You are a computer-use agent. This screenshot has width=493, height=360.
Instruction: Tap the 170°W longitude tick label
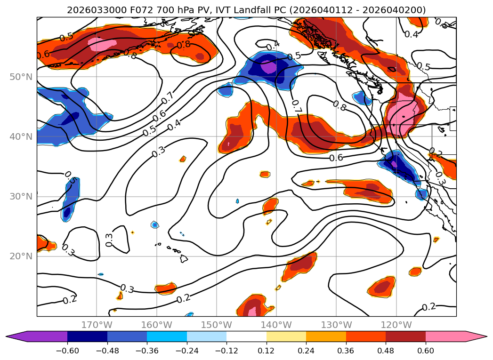click(97, 325)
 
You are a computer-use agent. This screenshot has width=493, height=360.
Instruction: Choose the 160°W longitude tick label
click(156, 325)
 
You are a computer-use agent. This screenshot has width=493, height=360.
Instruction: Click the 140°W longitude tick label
click(276, 325)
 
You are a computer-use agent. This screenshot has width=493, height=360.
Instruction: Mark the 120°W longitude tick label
click(396, 325)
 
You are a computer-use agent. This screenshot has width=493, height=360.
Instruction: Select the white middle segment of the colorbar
click(246, 336)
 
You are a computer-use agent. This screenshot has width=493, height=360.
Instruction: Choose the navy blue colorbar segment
click(87, 336)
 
